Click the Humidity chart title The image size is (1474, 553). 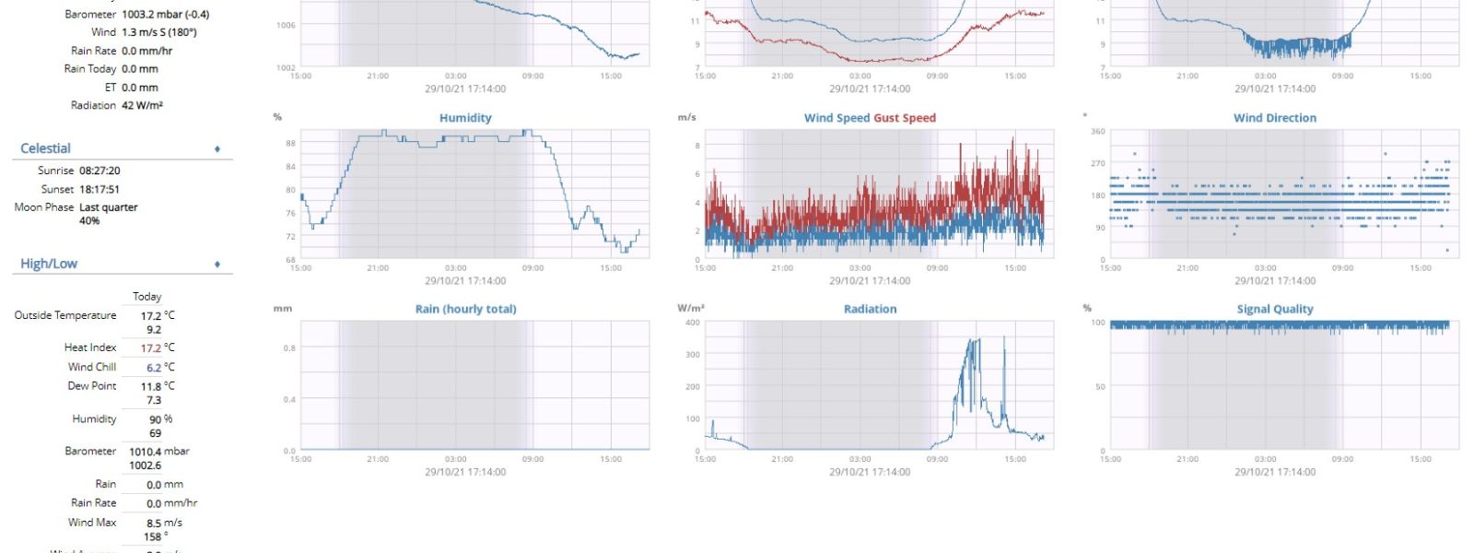(x=465, y=118)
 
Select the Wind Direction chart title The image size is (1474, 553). (x=1274, y=118)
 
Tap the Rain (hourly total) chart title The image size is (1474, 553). (x=465, y=310)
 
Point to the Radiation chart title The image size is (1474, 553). (x=870, y=310)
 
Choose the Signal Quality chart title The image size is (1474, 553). (x=1274, y=310)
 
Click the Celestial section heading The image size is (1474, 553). (x=45, y=148)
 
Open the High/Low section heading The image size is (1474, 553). (x=49, y=264)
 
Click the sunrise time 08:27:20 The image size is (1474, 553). (x=99, y=171)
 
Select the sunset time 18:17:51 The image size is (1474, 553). (x=99, y=189)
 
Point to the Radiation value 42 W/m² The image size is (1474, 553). (x=142, y=105)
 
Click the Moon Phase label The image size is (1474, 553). (x=43, y=207)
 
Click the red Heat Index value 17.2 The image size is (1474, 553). (x=151, y=348)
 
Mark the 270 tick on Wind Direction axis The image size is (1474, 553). (x=1097, y=163)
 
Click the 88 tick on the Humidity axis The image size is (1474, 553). (x=291, y=144)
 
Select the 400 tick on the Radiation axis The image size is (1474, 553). (x=692, y=323)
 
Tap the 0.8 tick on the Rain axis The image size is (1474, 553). (x=289, y=348)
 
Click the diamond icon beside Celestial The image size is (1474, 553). (x=217, y=148)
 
